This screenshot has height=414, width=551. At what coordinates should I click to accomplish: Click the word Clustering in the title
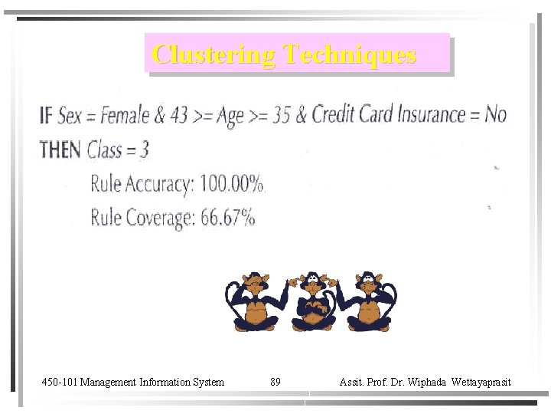214,54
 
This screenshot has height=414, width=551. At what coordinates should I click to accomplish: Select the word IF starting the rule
46,116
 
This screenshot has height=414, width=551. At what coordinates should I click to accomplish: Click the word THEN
60,149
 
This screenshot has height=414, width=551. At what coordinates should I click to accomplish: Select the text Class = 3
118,149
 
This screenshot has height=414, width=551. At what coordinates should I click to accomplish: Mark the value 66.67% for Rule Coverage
228,218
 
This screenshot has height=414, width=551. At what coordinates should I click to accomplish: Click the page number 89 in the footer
275,382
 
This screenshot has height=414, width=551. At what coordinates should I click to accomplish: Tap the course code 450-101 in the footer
60,382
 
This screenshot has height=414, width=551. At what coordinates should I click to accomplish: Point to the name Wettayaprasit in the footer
481,382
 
